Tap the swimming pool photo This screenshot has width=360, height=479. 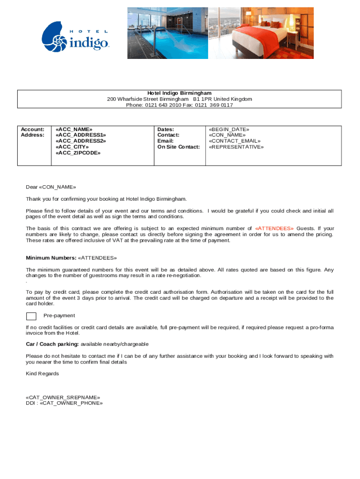click(x=167, y=33)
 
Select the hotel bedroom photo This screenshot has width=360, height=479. click(x=260, y=33)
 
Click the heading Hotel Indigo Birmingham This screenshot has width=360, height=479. click(x=180, y=93)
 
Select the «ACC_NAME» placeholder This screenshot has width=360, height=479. click(x=74, y=129)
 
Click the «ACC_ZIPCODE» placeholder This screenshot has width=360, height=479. click(x=78, y=153)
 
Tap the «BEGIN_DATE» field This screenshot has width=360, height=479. click(x=229, y=129)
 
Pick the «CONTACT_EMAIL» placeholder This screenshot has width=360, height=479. click(x=235, y=141)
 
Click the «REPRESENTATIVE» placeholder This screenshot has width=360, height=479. click(x=236, y=147)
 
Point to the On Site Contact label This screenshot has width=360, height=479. click(x=179, y=147)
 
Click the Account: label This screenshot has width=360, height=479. click(x=33, y=129)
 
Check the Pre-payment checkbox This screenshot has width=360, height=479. click(x=31, y=316)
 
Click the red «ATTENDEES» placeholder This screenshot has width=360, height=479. click(x=274, y=228)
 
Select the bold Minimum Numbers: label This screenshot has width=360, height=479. click(x=51, y=258)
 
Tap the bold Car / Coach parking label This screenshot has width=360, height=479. click(x=52, y=344)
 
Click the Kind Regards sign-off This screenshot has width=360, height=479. click(x=42, y=374)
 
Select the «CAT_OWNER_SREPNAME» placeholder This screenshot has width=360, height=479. click(x=63, y=397)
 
